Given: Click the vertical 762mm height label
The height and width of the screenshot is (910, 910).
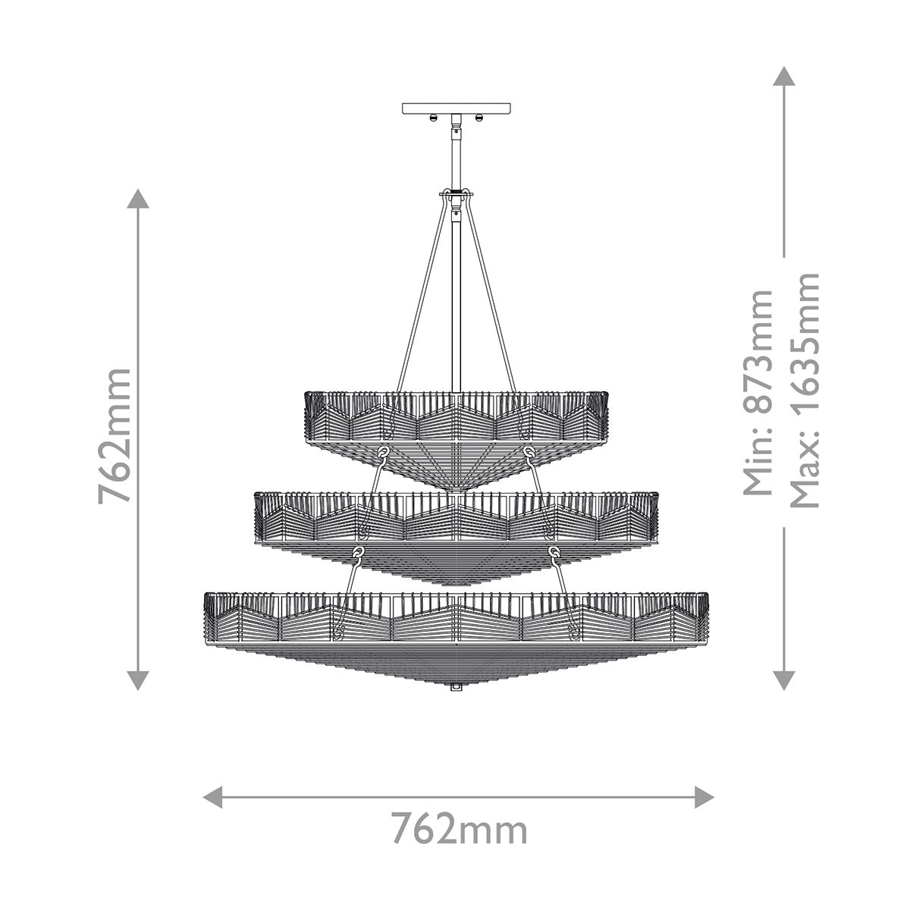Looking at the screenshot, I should click(x=115, y=436).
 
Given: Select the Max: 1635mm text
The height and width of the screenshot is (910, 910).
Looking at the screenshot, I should click(x=805, y=391).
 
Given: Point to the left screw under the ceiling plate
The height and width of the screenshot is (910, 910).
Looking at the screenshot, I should click(x=431, y=118).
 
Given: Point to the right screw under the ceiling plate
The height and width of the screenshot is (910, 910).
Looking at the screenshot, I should click(x=479, y=118).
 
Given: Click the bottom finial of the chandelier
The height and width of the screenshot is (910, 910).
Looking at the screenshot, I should click(x=456, y=686).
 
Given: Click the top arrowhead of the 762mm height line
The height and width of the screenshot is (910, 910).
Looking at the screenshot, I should click(x=137, y=199).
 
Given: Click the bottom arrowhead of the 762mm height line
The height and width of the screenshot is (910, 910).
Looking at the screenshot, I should click(x=137, y=679).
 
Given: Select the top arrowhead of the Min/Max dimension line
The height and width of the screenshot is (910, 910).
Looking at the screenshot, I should click(x=783, y=76).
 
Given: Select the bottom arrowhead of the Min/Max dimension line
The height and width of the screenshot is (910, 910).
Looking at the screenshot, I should click(x=783, y=679).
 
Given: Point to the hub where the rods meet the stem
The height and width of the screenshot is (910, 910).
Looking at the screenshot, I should click(x=456, y=199).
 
